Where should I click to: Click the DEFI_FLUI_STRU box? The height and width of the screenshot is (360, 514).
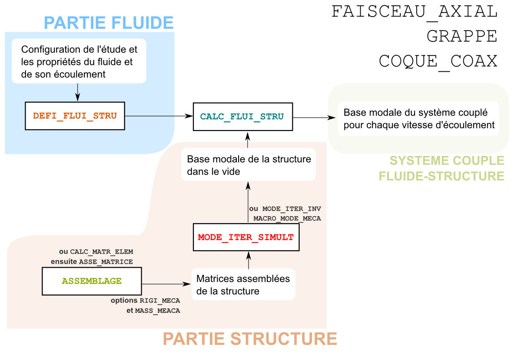point(74,116)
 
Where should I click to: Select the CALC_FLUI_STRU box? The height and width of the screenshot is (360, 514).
point(242,117)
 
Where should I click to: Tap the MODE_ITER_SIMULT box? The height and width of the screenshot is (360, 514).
point(246,237)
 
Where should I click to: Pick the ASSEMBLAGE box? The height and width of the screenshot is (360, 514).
point(91,281)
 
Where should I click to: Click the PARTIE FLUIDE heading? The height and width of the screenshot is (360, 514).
point(109,22)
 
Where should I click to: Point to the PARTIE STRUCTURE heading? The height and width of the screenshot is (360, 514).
point(250,339)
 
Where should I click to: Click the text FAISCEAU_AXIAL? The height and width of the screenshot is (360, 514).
point(414,11)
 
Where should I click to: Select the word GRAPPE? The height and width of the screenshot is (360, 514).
point(462,36)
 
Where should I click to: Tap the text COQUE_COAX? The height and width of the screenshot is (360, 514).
point(438,61)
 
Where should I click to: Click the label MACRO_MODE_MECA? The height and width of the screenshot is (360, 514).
point(287,218)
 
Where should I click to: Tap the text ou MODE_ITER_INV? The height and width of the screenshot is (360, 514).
point(285,209)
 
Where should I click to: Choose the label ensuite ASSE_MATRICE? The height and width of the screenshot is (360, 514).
point(92,261)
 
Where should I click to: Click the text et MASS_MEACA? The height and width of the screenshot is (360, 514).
point(153,310)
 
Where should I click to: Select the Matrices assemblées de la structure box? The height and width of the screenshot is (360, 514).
point(243,285)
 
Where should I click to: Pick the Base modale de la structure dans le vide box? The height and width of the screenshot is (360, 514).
point(248,165)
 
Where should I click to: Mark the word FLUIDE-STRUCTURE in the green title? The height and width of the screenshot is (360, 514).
point(442,176)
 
